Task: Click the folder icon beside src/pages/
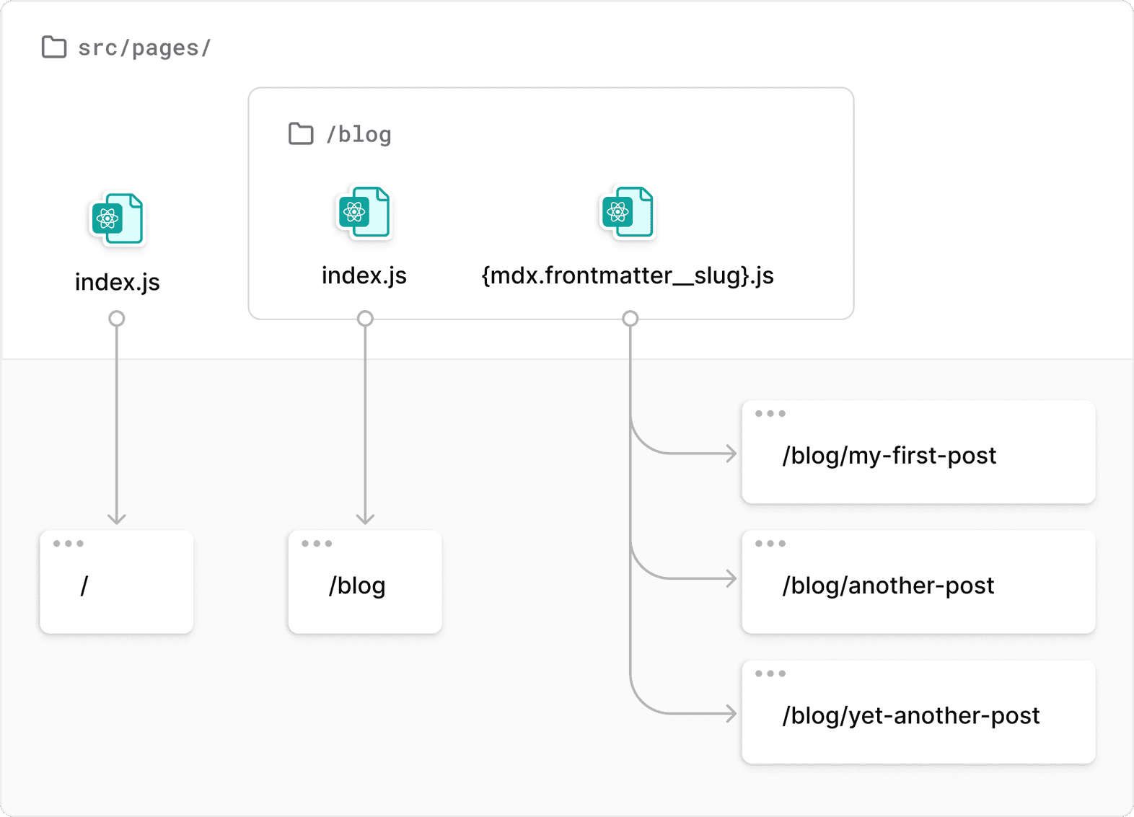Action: coord(54,47)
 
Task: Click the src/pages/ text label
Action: coord(144,48)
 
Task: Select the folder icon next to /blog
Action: coord(301,133)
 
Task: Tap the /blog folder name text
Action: coord(359,135)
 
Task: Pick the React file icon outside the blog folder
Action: coord(117,218)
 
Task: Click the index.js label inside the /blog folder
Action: coord(364,275)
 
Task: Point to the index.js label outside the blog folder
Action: coord(117,282)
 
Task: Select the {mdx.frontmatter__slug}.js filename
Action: coord(627,275)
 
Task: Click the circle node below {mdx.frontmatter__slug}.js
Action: coord(630,318)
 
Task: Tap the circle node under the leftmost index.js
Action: coord(117,318)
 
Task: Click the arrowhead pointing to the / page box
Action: coord(117,518)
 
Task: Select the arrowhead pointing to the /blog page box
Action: coord(365,518)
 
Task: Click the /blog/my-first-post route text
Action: coord(889,456)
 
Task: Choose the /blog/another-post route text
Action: coord(888,586)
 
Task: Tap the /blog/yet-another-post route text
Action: coord(910,715)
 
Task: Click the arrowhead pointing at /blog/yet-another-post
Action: coord(731,714)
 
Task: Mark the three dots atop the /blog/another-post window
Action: coord(770,544)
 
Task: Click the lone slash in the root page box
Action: coord(84,586)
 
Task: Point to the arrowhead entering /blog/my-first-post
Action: coord(731,454)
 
